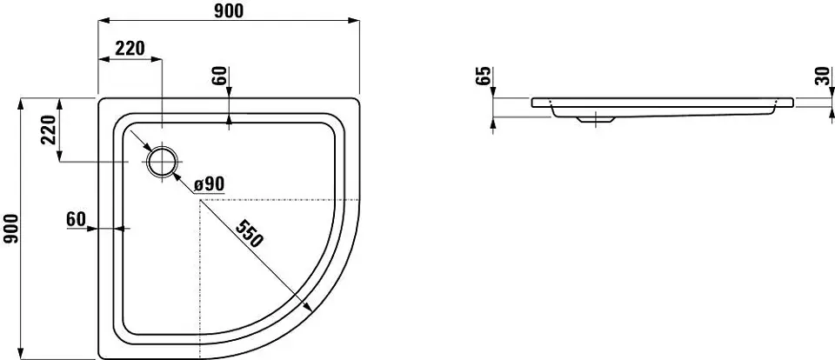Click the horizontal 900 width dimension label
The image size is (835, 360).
pos(229,10)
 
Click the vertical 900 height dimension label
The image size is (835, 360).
pos(11,229)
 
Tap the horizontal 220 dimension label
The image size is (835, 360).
pos(130,49)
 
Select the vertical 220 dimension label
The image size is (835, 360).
pos(49,130)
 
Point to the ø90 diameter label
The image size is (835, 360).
pos(210,184)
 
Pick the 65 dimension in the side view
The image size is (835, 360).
pos(483,77)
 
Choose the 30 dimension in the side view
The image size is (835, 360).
pos(823,77)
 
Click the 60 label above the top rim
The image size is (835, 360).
pos(221,77)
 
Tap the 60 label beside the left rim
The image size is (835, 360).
pos(77,218)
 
